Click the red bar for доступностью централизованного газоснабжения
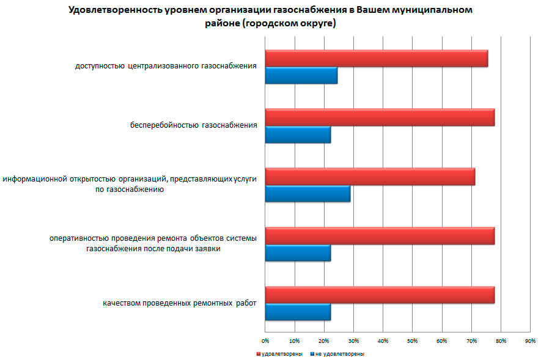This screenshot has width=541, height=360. click(376, 58)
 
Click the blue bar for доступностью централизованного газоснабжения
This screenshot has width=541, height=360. click(301, 75)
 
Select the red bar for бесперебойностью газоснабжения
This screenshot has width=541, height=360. click(379, 117)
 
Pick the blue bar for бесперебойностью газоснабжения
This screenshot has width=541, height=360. click(298, 134)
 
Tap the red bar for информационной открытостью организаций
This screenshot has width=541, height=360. click(370, 176)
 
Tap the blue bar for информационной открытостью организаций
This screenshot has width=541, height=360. click(307, 193)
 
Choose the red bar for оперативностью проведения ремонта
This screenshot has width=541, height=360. click(379, 235)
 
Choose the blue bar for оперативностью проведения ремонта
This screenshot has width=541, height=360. click(298, 252)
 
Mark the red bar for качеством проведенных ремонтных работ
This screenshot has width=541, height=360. click(379, 295)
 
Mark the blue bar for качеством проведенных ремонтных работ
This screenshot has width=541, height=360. click(298, 312)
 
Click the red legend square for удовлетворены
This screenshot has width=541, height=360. click(258, 354)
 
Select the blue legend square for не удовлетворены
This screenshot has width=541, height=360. click(312, 354)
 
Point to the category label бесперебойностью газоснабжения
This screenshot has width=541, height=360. click(193, 125)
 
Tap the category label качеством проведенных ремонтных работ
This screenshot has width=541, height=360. click(180, 303)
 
